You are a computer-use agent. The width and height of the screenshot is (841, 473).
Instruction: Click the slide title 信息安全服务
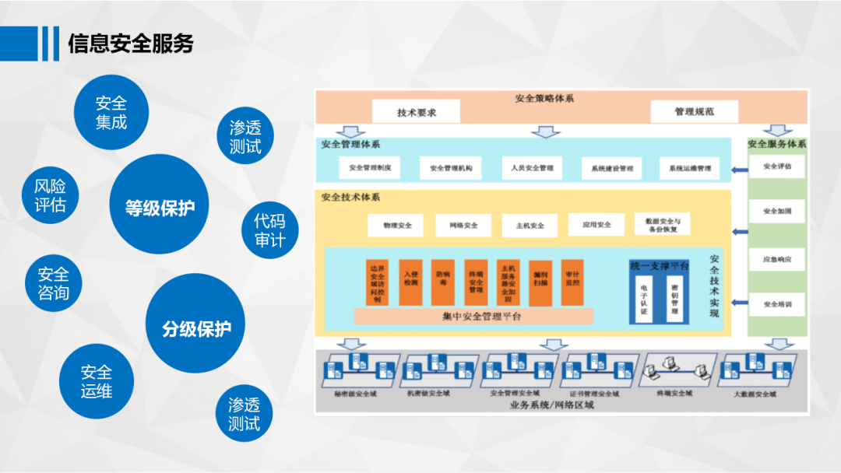[x=131, y=43]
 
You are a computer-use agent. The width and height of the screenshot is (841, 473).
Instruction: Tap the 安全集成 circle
[x=111, y=113]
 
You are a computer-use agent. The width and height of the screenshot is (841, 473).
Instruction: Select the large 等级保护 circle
[x=160, y=208]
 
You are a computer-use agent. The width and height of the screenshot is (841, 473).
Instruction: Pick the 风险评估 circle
[x=50, y=195]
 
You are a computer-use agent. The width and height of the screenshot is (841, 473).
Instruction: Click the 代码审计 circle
[x=269, y=230]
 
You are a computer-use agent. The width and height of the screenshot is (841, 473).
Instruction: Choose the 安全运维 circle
[x=96, y=382]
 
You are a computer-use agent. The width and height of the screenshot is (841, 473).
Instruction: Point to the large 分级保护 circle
[x=196, y=328]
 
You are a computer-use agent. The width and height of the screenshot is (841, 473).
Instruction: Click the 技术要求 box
[x=417, y=112]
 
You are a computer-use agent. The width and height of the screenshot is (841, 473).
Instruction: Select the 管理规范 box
[x=694, y=112]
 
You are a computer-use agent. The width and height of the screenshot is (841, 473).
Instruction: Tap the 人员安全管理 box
[x=532, y=168]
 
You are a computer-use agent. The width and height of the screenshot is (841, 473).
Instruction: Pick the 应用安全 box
[x=596, y=225]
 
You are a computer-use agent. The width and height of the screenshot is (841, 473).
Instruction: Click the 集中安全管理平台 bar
[x=473, y=316]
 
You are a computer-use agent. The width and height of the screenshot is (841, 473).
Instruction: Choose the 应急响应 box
[x=777, y=259]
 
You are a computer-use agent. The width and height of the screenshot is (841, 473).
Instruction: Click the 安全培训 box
[x=777, y=304]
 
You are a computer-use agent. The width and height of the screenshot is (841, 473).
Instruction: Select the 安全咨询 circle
[x=53, y=283]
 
